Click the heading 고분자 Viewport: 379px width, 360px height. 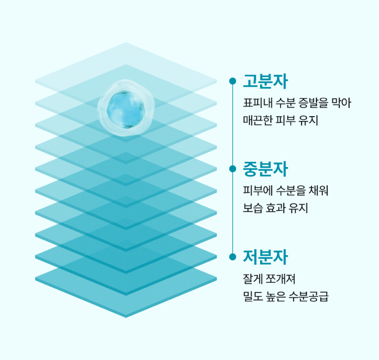265,81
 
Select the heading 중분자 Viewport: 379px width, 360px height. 265,169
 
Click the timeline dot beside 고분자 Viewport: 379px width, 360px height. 232,81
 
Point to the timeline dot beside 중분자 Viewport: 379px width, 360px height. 232,169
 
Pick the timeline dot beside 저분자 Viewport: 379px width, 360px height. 232,256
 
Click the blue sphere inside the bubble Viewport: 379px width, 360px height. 126,109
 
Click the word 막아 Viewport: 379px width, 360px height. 341,103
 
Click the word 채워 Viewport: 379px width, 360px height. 318,191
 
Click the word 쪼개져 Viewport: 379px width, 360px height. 280,279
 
